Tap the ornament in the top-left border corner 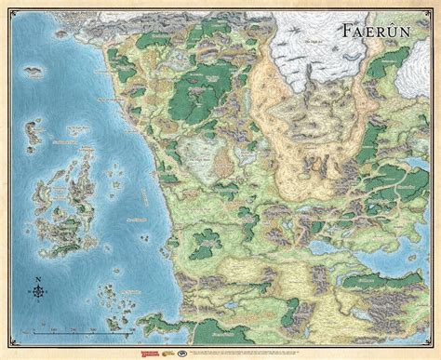(x=6, y=6)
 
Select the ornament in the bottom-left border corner (x=6, y=353)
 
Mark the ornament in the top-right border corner (x=434, y=6)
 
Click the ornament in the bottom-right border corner (x=434, y=353)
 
